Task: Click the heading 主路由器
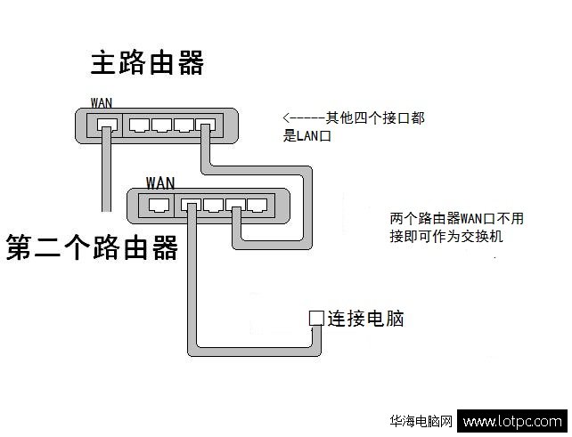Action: [x=147, y=63]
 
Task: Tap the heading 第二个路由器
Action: [x=92, y=247]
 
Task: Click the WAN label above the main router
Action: [x=102, y=102]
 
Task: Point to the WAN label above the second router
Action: [x=160, y=182]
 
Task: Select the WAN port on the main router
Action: [x=106, y=124]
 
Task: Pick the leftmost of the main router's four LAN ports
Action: [x=140, y=124]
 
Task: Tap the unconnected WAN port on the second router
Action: [x=159, y=205]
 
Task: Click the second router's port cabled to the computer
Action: [x=192, y=205]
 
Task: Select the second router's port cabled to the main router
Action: [x=236, y=205]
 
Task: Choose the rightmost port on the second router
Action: [x=257, y=205]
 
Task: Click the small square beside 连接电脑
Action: [x=315, y=318]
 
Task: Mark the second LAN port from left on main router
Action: [x=162, y=124]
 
